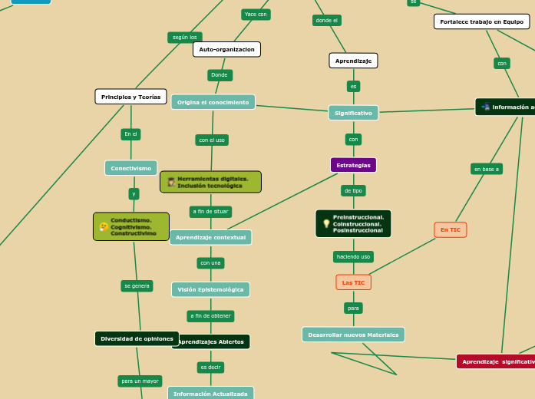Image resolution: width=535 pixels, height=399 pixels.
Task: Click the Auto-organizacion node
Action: tap(226, 49)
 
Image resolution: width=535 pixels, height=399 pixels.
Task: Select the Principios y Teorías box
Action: tap(130, 97)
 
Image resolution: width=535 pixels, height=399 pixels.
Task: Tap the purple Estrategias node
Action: tap(353, 165)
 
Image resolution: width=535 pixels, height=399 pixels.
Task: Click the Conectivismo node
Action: tap(130, 168)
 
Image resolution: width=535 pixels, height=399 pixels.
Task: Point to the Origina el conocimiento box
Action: tap(213, 102)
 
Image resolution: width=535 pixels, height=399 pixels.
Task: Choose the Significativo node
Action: tap(353, 113)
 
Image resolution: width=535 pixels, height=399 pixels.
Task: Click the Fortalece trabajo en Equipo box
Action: tap(481, 21)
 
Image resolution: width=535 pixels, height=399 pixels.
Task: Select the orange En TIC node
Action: tap(450, 229)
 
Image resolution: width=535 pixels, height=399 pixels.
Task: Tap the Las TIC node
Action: tap(353, 282)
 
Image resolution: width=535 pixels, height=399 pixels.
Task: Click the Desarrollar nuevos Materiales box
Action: tap(353, 335)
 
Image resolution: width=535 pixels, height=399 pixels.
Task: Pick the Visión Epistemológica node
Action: tap(210, 289)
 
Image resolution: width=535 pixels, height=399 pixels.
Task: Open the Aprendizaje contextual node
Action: tap(210, 237)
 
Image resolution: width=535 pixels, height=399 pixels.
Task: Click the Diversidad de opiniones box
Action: tap(137, 338)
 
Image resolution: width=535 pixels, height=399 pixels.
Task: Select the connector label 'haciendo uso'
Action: tap(353, 256)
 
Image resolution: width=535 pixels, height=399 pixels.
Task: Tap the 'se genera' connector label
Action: tap(137, 285)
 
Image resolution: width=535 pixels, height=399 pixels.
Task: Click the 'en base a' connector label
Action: tap(487, 169)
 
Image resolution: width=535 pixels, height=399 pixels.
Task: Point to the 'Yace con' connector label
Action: tap(256, 14)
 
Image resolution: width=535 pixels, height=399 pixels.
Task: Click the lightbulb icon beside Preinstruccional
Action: tap(326, 223)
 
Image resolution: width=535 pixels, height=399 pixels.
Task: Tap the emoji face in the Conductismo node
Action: tap(104, 226)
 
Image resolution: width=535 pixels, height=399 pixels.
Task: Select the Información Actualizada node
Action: tap(210, 394)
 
